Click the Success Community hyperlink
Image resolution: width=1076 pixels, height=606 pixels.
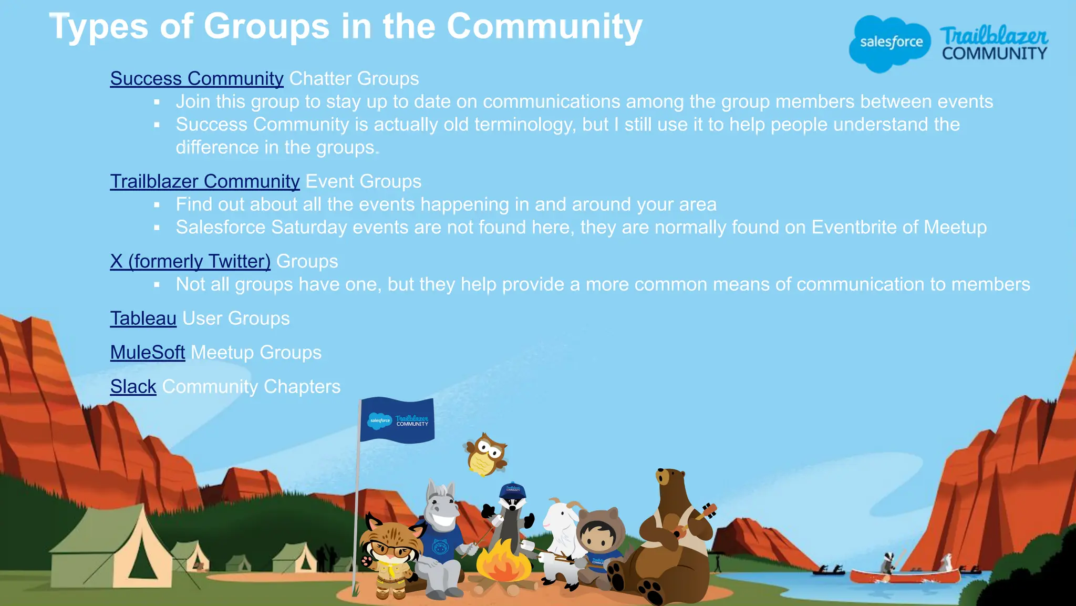point(196,79)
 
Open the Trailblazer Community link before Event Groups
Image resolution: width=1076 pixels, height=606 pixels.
point(204,182)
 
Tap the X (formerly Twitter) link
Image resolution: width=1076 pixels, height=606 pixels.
point(190,262)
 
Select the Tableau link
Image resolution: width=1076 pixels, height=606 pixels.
point(143,319)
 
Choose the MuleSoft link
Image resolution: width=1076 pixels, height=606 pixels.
point(147,353)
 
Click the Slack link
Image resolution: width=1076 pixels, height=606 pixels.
point(133,387)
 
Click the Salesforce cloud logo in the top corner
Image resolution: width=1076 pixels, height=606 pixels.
point(889,43)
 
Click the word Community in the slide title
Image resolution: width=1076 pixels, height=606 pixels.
point(544,26)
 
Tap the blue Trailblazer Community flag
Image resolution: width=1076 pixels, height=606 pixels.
point(397,420)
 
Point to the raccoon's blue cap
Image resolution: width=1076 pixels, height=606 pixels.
point(512,490)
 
